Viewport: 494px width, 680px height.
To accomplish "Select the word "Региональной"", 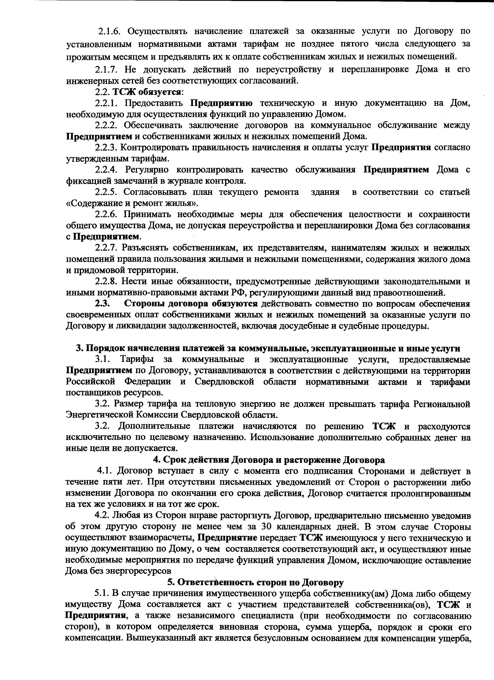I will (x=442, y=404).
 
